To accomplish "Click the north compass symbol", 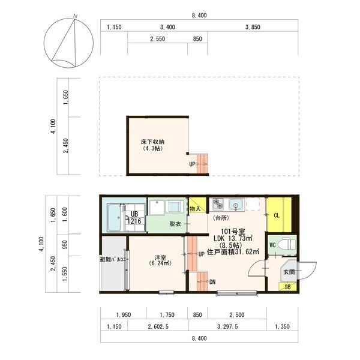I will tap(70, 43).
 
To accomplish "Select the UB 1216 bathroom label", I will tap(134, 218).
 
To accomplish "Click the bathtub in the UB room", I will tap(114, 218).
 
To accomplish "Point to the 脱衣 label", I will tap(175, 224).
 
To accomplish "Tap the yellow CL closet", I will tap(277, 215).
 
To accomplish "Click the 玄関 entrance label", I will tap(289, 272).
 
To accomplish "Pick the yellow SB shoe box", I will tap(288, 287).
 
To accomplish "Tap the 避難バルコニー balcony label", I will tap(111, 260).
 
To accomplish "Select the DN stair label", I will tap(213, 281).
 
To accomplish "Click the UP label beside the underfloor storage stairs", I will tap(192, 164).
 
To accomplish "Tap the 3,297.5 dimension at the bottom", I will tap(226, 326).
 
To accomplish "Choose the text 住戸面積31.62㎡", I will tap(233, 252).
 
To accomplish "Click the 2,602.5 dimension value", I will tap(157, 326).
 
